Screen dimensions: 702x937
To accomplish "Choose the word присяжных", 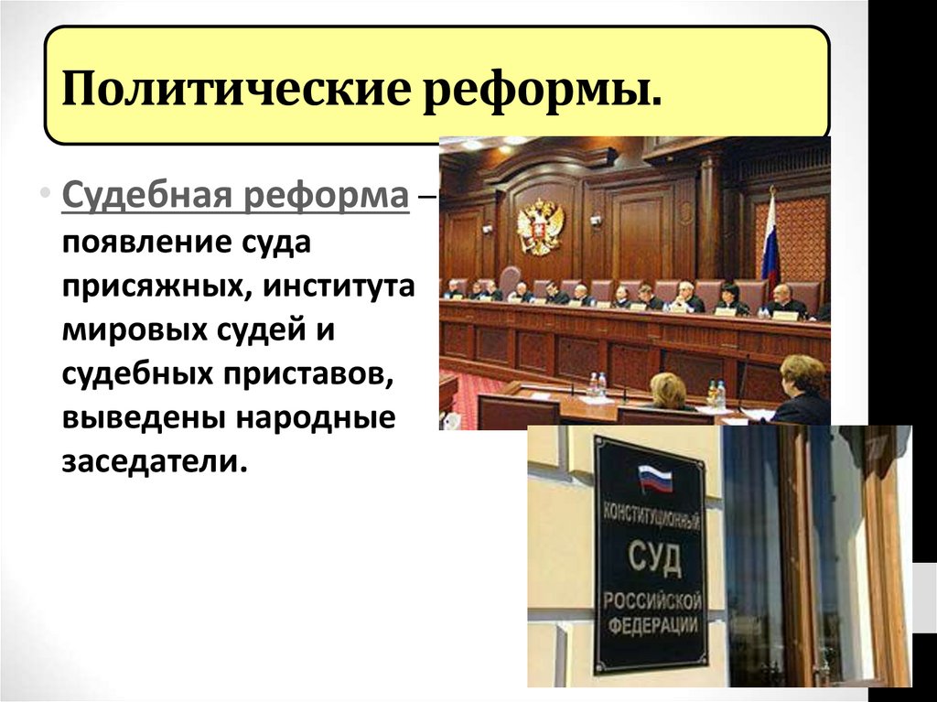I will coord(150,288).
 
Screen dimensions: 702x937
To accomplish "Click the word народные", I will coord(317,417).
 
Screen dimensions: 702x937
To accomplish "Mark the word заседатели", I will coord(155,460).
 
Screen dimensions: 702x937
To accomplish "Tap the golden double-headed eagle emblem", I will coord(540,226).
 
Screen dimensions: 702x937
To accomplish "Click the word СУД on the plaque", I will coord(654,557).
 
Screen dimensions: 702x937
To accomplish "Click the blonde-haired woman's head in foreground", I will coord(667,389).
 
